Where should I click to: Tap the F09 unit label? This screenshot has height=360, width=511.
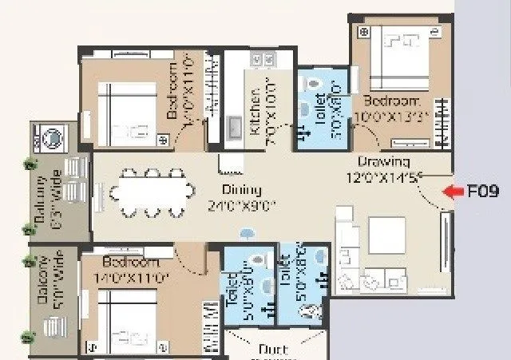point(482,192)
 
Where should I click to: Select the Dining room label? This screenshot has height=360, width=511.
point(242,189)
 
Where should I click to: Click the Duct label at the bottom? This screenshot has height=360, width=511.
point(273,349)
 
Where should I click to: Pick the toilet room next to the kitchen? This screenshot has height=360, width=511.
point(323,108)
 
